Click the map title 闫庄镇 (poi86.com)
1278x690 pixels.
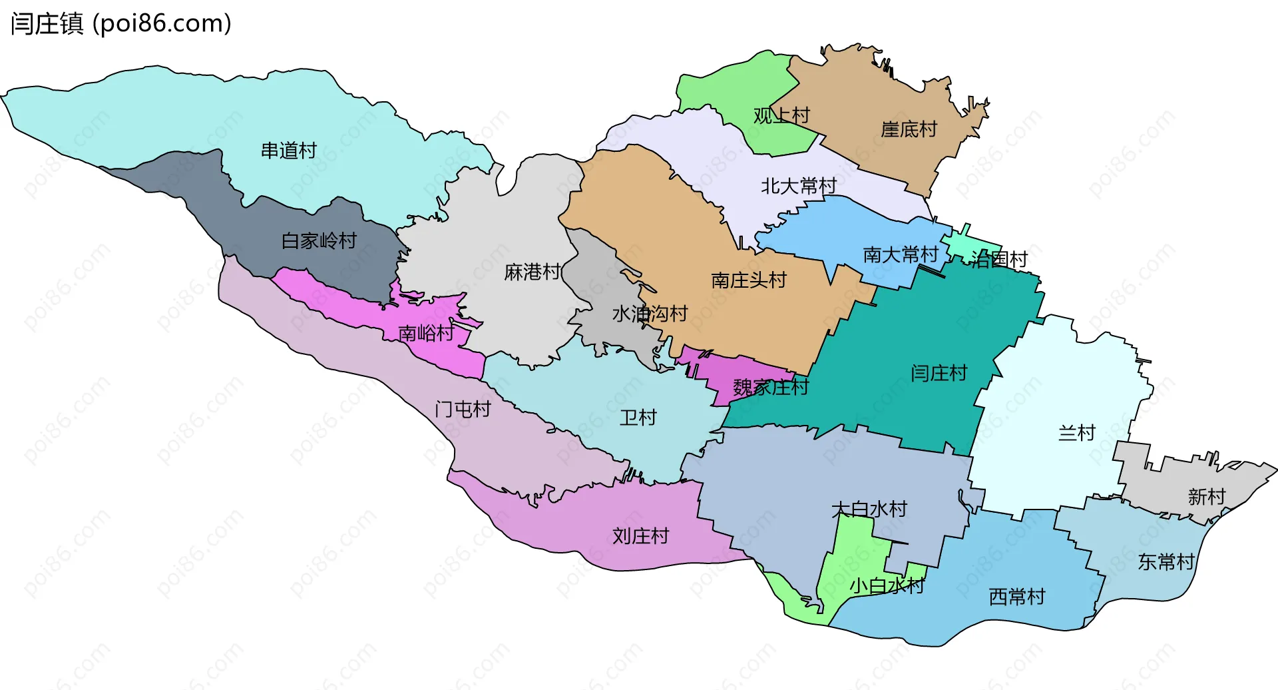pos(120,24)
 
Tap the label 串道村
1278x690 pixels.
pos(288,151)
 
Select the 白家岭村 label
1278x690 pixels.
pos(319,240)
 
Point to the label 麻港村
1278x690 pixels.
pos(532,272)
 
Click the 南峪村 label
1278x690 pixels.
pos(426,333)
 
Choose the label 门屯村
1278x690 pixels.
pos(463,409)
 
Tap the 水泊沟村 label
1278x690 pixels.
pos(650,314)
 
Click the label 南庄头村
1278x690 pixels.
pos(749,280)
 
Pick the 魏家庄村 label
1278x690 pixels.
pos(770,387)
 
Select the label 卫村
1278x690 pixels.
pos(638,418)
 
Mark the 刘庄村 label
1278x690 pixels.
pos(640,536)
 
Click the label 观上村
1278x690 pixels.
pos(781,116)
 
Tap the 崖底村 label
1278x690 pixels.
pos(909,129)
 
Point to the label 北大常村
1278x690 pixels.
pos(799,186)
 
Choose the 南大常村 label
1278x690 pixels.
pos(900,254)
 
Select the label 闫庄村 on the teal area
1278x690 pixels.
pos(939,373)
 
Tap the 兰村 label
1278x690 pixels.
pos(1076,433)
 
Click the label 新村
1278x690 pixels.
pos(1206,497)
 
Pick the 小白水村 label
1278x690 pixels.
pos(887,586)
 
